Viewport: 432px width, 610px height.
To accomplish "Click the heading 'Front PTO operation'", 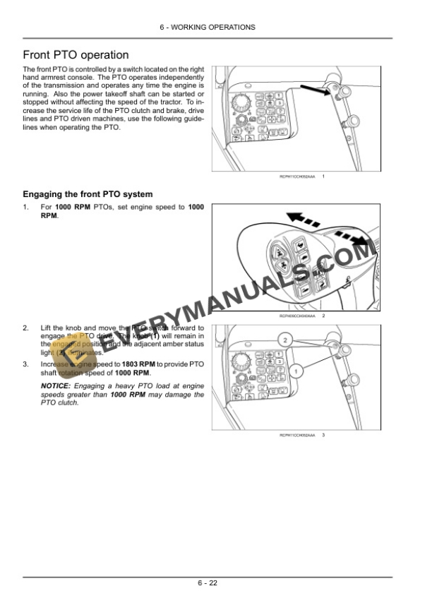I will click(76, 55).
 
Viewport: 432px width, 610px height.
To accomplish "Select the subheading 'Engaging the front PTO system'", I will click(88, 193).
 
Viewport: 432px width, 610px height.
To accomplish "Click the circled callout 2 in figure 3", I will click(284, 340).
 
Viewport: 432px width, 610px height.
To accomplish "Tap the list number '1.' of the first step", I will click(26, 207).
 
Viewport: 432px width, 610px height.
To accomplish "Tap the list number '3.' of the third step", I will click(26, 364).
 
